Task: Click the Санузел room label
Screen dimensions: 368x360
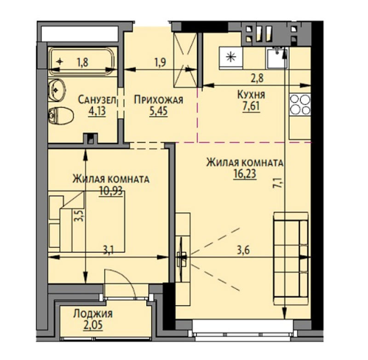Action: click(97, 100)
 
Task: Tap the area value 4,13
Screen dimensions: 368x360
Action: click(97, 111)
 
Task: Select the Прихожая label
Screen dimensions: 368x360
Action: click(158, 100)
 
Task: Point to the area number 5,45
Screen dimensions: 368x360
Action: click(159, 111)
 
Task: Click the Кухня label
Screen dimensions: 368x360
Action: click(251, 95)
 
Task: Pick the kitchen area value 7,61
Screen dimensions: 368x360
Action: click(251, 106)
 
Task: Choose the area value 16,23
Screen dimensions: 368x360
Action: click(245, 174)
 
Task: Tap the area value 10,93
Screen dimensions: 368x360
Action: click(111, 191)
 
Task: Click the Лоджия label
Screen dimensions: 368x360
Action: click(93, 314)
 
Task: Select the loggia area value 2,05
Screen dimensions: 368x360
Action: click(93, 325)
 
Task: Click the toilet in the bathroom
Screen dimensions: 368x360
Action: click(61, 116)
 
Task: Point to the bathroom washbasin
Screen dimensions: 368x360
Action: click(56, 90)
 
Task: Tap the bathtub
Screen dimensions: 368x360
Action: click(82, 61)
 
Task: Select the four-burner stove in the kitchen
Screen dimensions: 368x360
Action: click(300, 105)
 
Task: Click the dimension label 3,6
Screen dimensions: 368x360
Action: click(243, 250)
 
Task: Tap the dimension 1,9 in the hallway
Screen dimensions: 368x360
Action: click(160, 62)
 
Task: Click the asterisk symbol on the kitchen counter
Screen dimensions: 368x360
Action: click(231, 57)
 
